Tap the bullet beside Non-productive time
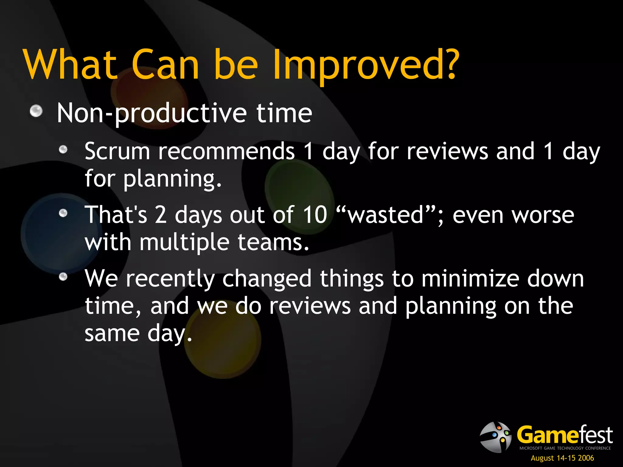[x=36, y=111]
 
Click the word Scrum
[x=117, y=151]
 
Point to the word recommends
[x=226, y=151]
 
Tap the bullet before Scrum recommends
[x=63, y=150]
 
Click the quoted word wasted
[x=386, y=215]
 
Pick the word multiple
[x=184, y=243]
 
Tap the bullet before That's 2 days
[x=63, y=213]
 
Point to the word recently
[x=170, y=279]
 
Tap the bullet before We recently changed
[x=63, y=277]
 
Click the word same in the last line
[x=112, y=334]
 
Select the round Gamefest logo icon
[x=496, y=437]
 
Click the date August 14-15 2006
[x=562, y=458]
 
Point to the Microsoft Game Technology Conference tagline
[x=565, y=448]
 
